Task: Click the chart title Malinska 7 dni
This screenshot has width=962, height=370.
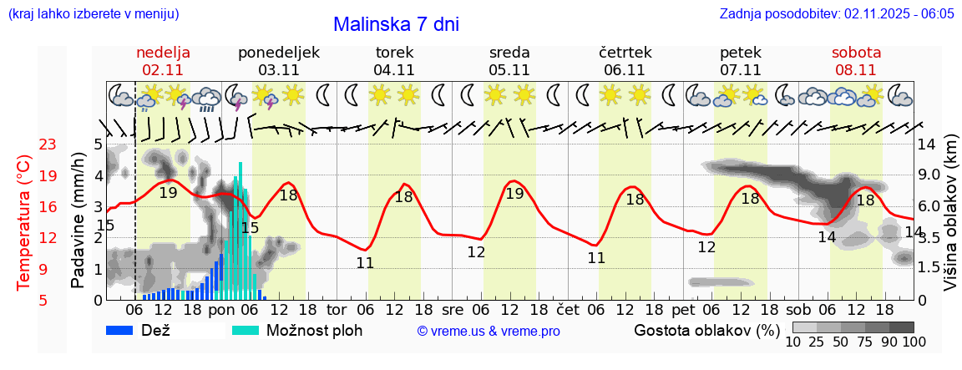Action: point(396,25)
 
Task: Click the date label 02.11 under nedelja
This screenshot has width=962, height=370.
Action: point(164,70)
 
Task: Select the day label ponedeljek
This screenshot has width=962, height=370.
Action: point(279,53)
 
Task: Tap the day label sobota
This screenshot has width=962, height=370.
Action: point(856,53)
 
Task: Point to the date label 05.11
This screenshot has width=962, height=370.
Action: point(509,70)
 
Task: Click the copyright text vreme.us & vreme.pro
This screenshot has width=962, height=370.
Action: point(489,332)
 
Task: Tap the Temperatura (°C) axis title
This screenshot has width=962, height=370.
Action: point(25,222)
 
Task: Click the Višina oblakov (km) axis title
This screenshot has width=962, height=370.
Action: point(950,221)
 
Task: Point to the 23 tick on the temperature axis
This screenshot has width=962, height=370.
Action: point(48,144)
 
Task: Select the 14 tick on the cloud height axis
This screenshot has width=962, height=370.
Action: point(926,144)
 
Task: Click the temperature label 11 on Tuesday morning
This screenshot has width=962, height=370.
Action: point(365,262)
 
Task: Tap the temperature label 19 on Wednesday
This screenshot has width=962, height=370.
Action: point(514,194)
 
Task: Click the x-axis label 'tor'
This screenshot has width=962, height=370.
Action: point(337,308)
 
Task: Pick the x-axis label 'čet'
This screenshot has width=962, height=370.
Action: point(568,308)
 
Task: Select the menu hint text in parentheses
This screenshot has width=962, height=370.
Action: point(94,14)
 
